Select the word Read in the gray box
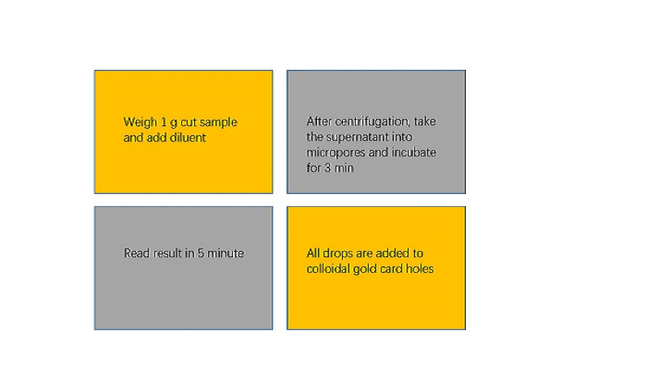(x=137, y=253)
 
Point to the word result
(x=168, y=253)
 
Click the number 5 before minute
(x=201, y=253)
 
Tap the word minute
(x=226, y=253)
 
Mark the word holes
(x=420, y=269)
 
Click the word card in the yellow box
(x=392, y=269)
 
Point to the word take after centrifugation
(x=425, y=122)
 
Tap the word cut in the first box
(x=188, y=123)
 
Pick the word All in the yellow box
(x=313, y=253)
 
